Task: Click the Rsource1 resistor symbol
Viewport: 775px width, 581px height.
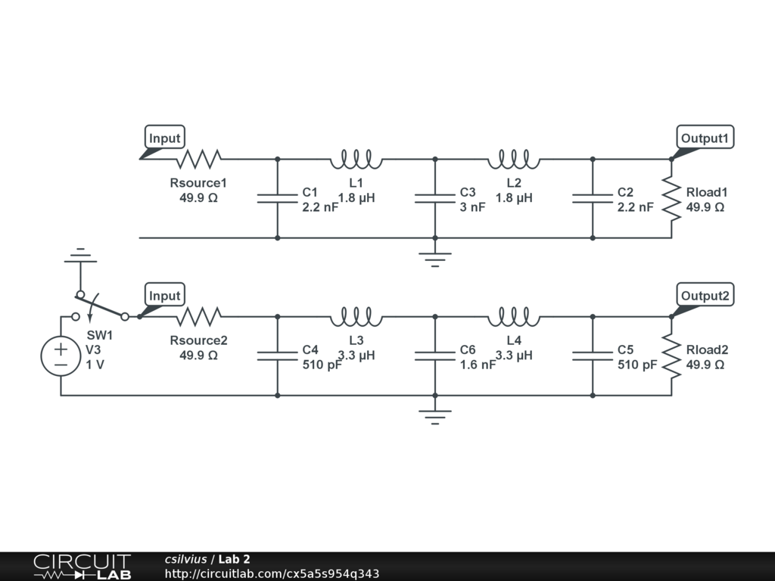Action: (x=198, y=159)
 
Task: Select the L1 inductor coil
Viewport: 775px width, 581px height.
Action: (x=356, y=159)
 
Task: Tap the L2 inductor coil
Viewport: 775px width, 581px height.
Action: (x=513, y=159)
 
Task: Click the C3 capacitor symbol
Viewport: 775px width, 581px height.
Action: (x=434, y=198)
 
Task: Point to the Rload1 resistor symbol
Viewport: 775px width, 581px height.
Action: (x=671, y=198)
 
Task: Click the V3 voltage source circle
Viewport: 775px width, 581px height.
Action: (x=60, y=356)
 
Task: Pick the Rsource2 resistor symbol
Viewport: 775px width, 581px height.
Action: (x=198, y=316)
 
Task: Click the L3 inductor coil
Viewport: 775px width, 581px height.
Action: (x=356, y=316)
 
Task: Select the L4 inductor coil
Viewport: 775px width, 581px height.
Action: (x=513, y=316)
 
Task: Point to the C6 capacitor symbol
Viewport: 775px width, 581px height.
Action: (x=434, y=356)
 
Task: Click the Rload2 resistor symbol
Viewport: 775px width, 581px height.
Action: (x=671, y=356)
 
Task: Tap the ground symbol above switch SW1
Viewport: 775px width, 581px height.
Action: (x=80, y=257)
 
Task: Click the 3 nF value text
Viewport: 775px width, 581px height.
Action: (x=472, y=207)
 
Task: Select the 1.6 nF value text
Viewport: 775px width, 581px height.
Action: (x=477, y=365)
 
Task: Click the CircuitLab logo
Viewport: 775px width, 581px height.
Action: (x=82, y=566)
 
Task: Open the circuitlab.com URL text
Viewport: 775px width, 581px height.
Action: (x=272, y=573)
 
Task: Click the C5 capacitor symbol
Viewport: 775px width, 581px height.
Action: (x=592, y=356)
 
